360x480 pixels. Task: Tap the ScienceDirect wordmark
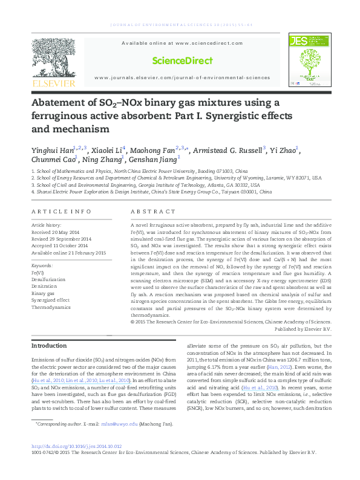(182, 60)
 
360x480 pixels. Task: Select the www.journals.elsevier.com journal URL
(182, 78)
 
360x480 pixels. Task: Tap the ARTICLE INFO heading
(61, 212)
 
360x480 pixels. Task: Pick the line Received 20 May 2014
(55, 232)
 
